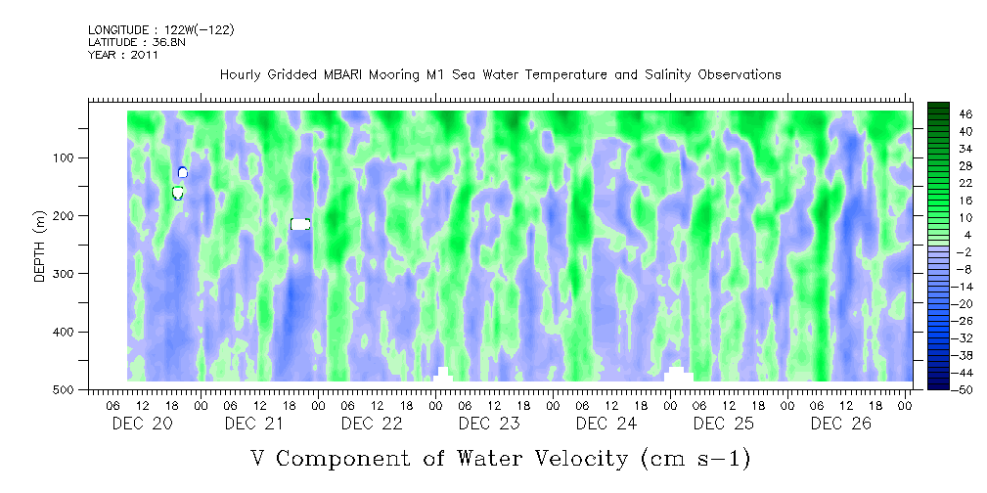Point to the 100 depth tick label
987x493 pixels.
coord(74,158)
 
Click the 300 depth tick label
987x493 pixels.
coord(74,274)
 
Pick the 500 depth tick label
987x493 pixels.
coord(74,390)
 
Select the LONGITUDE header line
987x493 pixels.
coord(160,29)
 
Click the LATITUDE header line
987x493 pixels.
coord(133,42)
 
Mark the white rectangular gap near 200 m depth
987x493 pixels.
coord(300,224)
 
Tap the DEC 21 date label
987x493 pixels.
coord(253,424)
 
